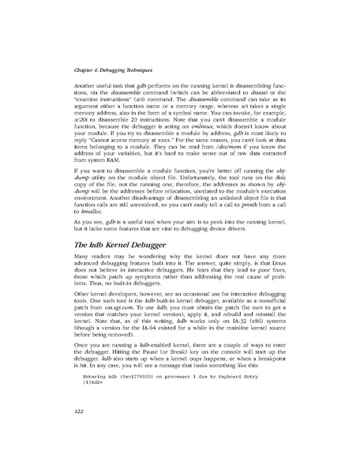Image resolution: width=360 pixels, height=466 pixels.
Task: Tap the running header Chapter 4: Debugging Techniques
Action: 98,71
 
